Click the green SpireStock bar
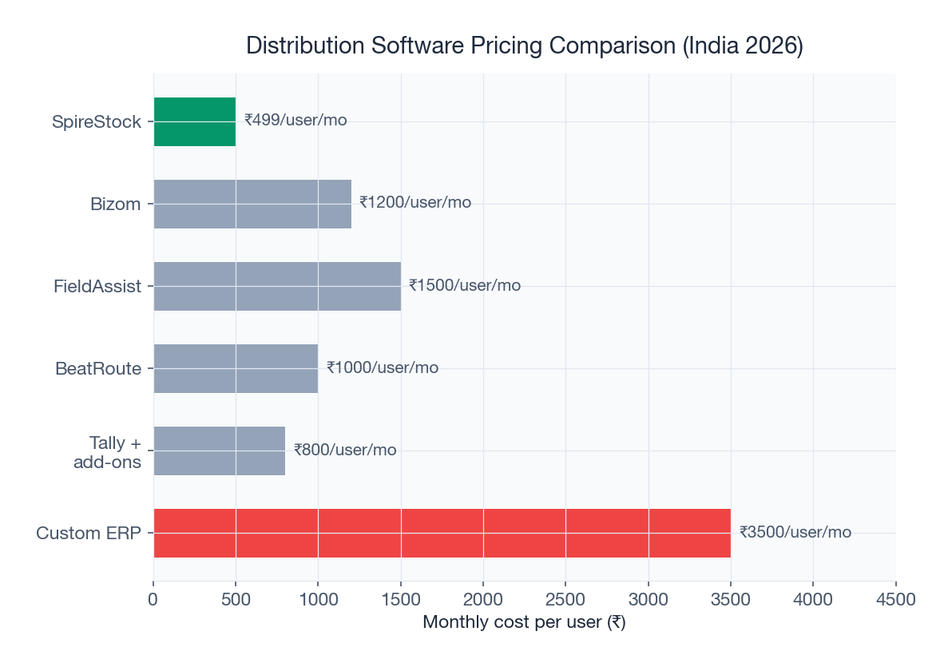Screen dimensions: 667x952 click(194, 121)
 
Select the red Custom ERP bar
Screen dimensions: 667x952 click(442, 533)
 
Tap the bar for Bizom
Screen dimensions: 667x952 click(252, 204)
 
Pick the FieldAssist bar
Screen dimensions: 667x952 click(277, 286)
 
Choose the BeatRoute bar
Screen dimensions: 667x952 click(236, 368)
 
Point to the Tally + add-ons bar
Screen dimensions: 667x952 click(219, 451)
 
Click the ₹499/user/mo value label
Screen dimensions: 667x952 click(296, 121)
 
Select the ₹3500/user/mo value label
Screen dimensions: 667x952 click(795, 532)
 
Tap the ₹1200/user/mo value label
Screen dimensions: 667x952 click(415, 203)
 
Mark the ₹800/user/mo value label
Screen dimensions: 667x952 click(345, 451)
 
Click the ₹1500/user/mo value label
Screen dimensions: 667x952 click(465, 286)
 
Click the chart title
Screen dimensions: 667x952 click(524, 46)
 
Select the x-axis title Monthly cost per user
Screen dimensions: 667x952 click(524, 622)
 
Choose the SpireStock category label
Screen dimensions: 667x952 click(96, 122)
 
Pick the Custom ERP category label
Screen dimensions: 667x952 click(89, 533)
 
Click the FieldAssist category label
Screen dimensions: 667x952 click(97, 286)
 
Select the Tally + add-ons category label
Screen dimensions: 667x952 click(107, 452)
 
